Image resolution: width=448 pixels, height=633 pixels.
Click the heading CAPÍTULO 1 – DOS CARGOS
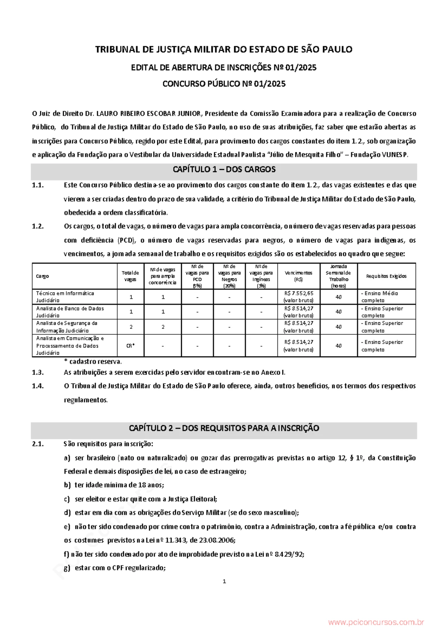pyautogui.click(x=224, y=169)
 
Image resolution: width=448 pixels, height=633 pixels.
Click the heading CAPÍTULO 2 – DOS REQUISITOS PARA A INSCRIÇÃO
pyautogui.click(x=224, y=428)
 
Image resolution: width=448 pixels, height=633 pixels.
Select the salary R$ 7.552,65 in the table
pyautogui.click(x=299, y=293)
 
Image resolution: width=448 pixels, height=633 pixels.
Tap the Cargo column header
pyautogui.click(x=43, y=276)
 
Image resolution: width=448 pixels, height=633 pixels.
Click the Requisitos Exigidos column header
pyautogui.click(x=386, y=276)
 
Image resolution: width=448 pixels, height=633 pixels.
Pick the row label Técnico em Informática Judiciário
pyautogui.click(x=65, y=297)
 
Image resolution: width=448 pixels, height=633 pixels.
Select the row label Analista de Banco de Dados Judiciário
pyautogui.click(x=70, y=312)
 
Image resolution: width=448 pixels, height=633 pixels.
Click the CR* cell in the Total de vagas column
pyautogui.click(x=131, y=346)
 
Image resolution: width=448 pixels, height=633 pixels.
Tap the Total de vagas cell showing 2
pyautogui.click(x=131, y=327)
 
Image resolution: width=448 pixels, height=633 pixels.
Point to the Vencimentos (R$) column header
pyautogui.click(x=299, y=276)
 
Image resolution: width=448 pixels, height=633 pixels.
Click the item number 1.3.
pyautogui.click(x=38, y=372)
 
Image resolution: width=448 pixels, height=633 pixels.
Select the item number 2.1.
pyautogui.click(x=38, y=444)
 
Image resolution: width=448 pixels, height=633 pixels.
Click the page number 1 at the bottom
pyautogui.click(x=224, y=581)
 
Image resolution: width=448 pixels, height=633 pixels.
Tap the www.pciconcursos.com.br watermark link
pyautogui.click(x=376, y=622)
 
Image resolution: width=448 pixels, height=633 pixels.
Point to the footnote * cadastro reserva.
pyautogui.click(x=93, y=361)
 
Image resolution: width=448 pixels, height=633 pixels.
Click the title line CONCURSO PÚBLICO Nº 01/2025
pyautogui.click(x=224, y=84)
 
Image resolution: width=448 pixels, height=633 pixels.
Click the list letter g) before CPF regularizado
pyautogui.click(x=67, y=568)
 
